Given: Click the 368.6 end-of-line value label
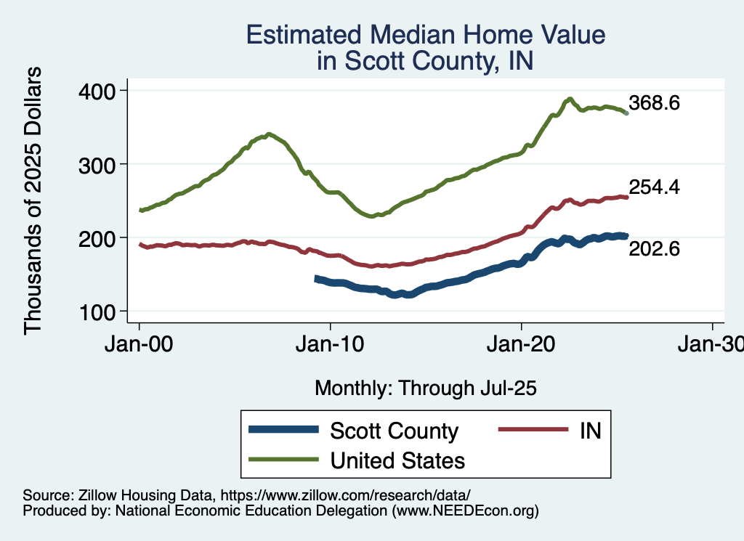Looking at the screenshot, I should click(654, 103).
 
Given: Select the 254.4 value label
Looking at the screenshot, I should click(654, 187).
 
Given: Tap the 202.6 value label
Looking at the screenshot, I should click(654, 249).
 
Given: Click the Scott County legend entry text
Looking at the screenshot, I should click(394, 431).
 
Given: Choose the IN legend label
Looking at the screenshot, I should click(590, 431).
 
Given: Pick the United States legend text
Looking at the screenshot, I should click(397, 460).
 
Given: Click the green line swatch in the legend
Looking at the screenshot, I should click(283, 459).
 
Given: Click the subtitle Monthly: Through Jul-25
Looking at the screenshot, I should click(425, 389).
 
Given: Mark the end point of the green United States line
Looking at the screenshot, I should click(627, 114).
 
